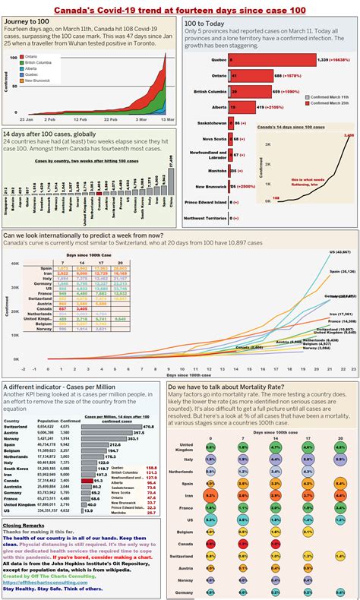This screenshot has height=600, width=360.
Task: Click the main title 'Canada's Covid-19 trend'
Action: (x=179, y=7)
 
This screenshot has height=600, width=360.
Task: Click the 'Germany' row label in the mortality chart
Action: (x=185, y=591)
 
